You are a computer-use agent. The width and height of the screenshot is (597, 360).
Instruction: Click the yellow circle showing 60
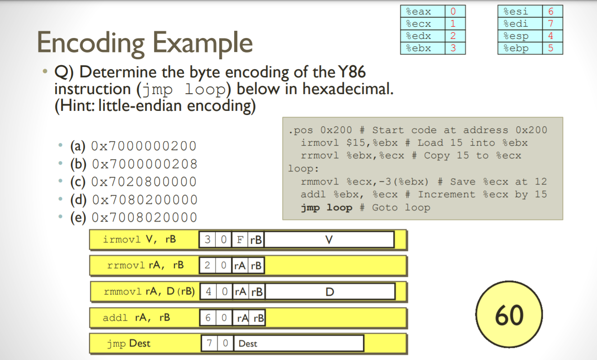(x=509, y=315)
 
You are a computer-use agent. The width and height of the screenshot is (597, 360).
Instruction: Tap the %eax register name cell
(x=422, y=11)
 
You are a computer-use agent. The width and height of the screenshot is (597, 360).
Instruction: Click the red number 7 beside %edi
(x=551, y=24)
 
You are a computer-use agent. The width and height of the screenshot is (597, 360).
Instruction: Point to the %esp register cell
(x=519, y=36)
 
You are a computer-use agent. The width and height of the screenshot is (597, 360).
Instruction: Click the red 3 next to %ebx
(x=453, y=48)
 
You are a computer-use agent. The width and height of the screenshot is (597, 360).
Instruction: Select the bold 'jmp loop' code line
(x=326, y=208)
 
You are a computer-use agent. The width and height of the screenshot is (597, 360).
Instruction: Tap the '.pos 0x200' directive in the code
(x=320, y=130)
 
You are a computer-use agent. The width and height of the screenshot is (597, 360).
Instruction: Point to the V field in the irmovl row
(x=329, y=240)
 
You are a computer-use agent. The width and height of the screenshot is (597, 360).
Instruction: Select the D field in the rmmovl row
(x=329, y=292)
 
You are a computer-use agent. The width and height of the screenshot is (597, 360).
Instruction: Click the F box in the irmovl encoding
(x=240, y=240)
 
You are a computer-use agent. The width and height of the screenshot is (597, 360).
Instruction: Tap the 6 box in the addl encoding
(x=208, y=318)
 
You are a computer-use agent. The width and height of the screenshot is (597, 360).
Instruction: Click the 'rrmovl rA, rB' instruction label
(x=146, y=265)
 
